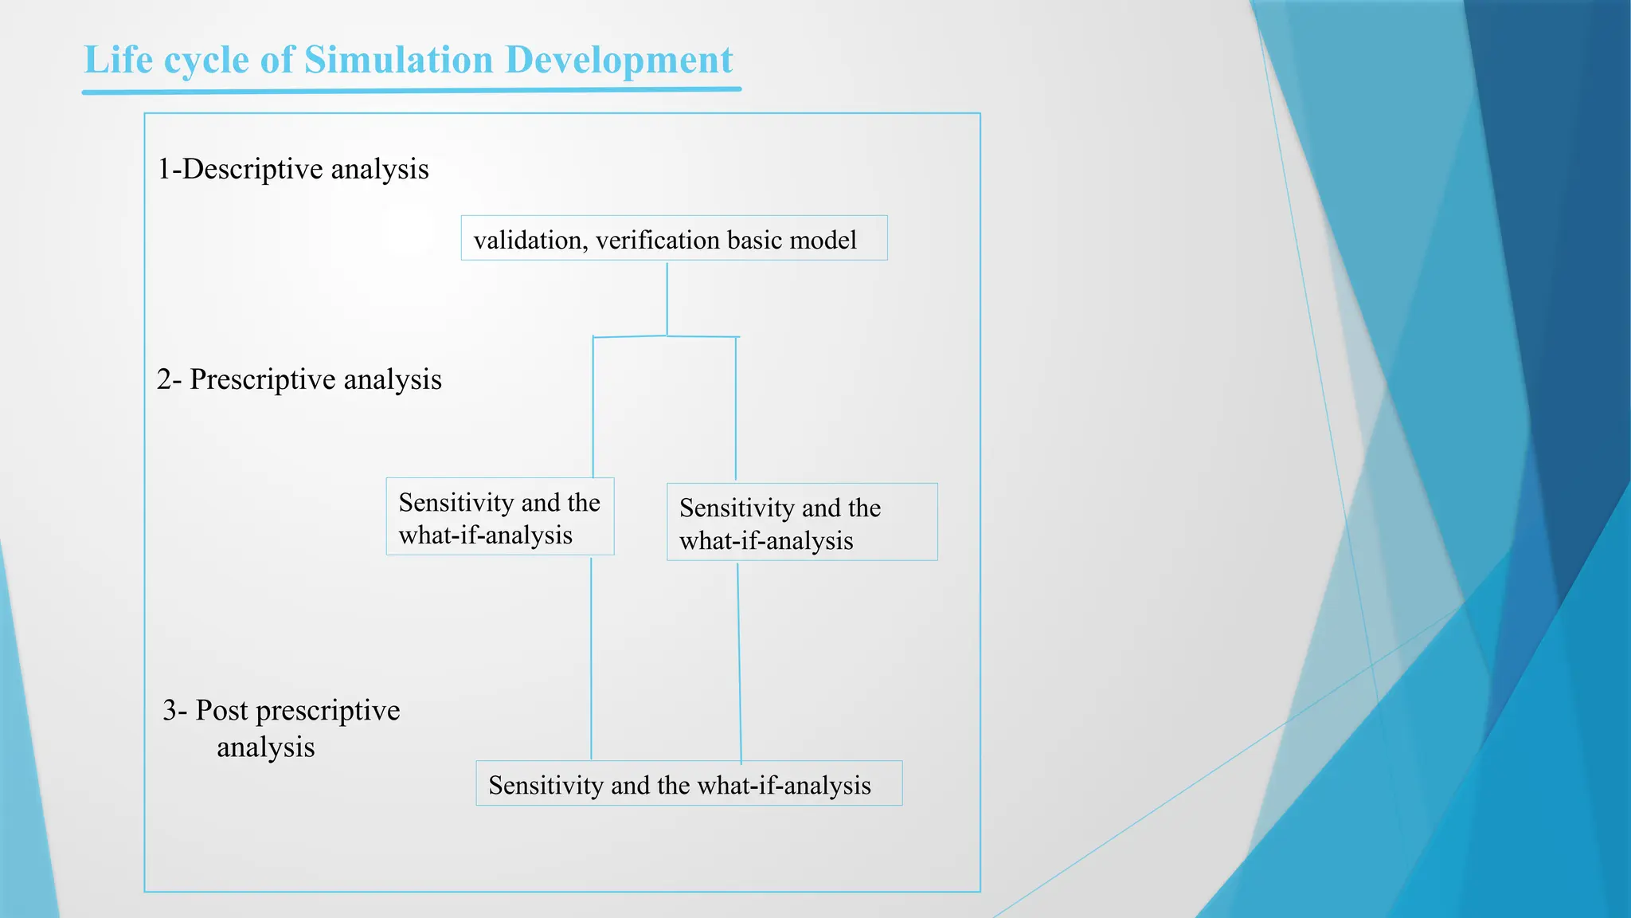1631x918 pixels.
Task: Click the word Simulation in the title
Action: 398,60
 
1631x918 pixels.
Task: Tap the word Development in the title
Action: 619,60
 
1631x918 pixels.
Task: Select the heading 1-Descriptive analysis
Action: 293,169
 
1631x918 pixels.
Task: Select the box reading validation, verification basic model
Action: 674,238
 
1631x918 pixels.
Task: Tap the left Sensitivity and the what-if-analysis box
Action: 499,516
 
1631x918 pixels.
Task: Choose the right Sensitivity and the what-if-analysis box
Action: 801,522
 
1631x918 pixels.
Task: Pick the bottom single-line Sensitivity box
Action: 688,783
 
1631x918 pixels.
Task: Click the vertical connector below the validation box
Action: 667,299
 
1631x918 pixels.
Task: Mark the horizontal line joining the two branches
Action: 666,336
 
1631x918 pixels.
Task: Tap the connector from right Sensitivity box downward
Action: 739,661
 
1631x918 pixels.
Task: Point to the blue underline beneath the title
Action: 411,92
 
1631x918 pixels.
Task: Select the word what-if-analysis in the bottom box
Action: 784,786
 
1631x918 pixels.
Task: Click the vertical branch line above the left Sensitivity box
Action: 593,406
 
